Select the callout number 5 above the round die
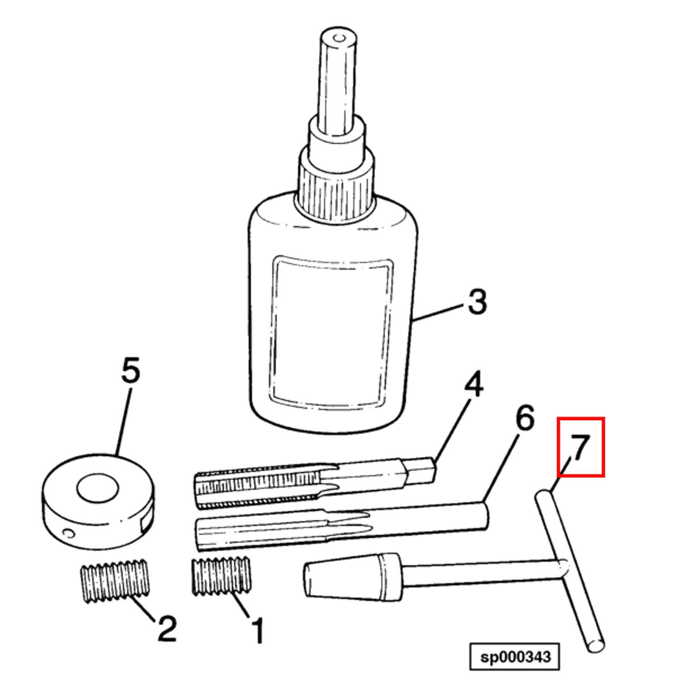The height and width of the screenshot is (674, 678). tap(131, 370)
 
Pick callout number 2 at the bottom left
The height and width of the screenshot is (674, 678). tap(167, 628)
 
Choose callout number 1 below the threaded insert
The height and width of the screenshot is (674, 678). tap(257, 631)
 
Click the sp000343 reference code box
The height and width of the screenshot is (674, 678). tap(515, 657)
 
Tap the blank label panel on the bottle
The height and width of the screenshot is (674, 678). tap(332, 331)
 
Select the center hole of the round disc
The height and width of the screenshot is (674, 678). tap(98, 488)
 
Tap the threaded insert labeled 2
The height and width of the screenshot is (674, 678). tap(115, 580)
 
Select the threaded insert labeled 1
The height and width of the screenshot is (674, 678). tap(221, 576)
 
